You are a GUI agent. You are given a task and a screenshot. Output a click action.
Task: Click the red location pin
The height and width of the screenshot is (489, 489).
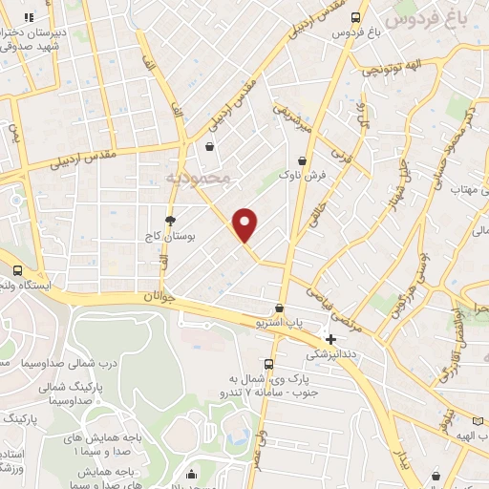tap(245, 223)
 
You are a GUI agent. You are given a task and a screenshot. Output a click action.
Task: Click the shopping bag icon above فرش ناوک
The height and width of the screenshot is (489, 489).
tap(303, 161)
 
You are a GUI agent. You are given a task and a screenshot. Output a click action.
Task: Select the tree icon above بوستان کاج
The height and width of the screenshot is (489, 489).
tap(170, 220)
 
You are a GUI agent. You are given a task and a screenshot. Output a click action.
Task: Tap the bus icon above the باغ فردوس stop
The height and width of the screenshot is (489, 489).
tap(355, 17)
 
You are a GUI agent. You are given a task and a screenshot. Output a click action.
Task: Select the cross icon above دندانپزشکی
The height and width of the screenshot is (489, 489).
tap(330, 339)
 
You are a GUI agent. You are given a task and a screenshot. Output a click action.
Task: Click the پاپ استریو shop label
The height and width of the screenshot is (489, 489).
tap(278, 324)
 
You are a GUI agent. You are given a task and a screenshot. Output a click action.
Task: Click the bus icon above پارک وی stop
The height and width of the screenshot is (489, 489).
tap(268, 364)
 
